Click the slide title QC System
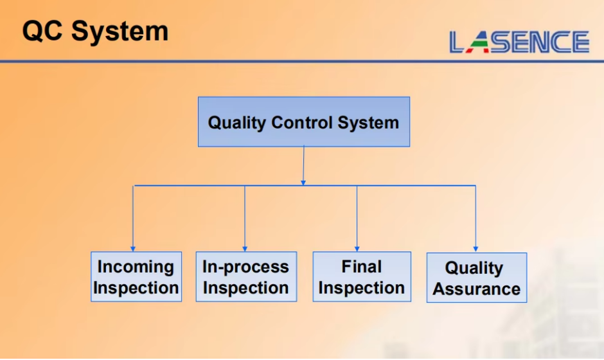click(96, 32)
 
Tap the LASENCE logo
click(519, 42)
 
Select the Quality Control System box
click(304, 122)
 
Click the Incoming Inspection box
click(136, 276)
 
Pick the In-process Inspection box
click(246, 276)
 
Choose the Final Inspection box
click(362, 276)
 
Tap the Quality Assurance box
click(477, 278)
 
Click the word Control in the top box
click(302, 123)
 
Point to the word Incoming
click(136, 267)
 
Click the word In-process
click(245, 267)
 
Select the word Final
click(361, 267)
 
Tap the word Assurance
click(477, 289)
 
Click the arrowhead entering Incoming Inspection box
click(133, 249)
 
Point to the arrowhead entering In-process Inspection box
click(245, 249)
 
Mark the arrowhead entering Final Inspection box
click(357, 249)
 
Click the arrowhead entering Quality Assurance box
click(475, 249)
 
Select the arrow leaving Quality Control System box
click(303, 166)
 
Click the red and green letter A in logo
click(478, 42)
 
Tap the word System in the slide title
click(120, 32)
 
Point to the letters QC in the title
click(42, 31)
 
